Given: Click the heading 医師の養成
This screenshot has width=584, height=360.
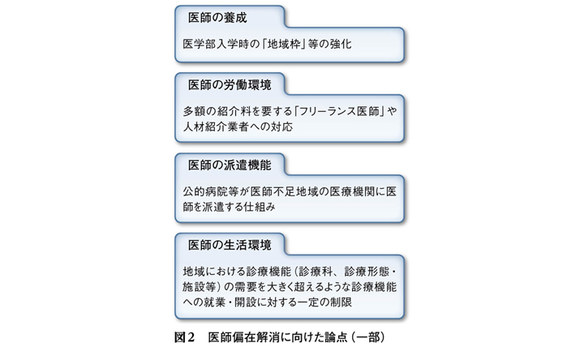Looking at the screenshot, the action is [x=217, y=18].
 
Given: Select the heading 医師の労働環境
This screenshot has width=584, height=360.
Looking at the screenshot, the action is [x=230, y=85].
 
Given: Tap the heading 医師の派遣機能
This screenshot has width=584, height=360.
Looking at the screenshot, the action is [x=230, y=165].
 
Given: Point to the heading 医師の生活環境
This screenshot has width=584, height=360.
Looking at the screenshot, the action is [x=230, y=245].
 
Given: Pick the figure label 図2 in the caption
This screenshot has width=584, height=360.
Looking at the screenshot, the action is [x=184, y=337].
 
